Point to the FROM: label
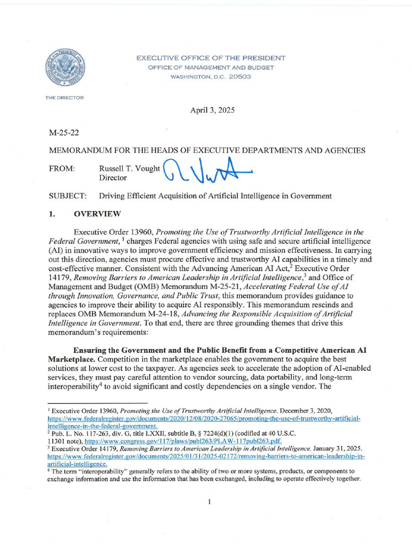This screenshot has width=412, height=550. [x=62, y=169]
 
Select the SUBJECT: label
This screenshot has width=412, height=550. [x=68, y=196]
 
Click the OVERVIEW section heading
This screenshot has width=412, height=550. [x=97, y=214]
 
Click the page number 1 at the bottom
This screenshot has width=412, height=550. [x=209, y=502]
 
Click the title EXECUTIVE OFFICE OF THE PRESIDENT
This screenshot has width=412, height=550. [x=211, y=58]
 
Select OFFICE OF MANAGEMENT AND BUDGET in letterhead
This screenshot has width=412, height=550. [x=211, y=68]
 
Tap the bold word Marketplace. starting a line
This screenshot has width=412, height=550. [x=72, y=358]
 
